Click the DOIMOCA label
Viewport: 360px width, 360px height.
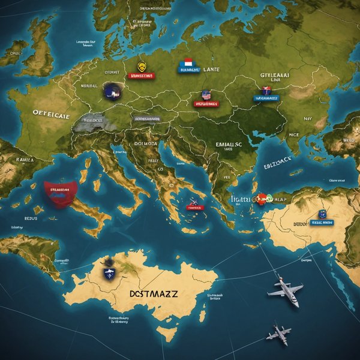145,143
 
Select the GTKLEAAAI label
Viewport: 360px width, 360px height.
275,76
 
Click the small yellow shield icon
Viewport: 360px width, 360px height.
142,67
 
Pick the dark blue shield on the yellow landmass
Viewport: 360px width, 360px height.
110,274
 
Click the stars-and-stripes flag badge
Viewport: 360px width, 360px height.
207,95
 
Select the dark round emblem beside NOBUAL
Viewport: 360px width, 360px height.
112,91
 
